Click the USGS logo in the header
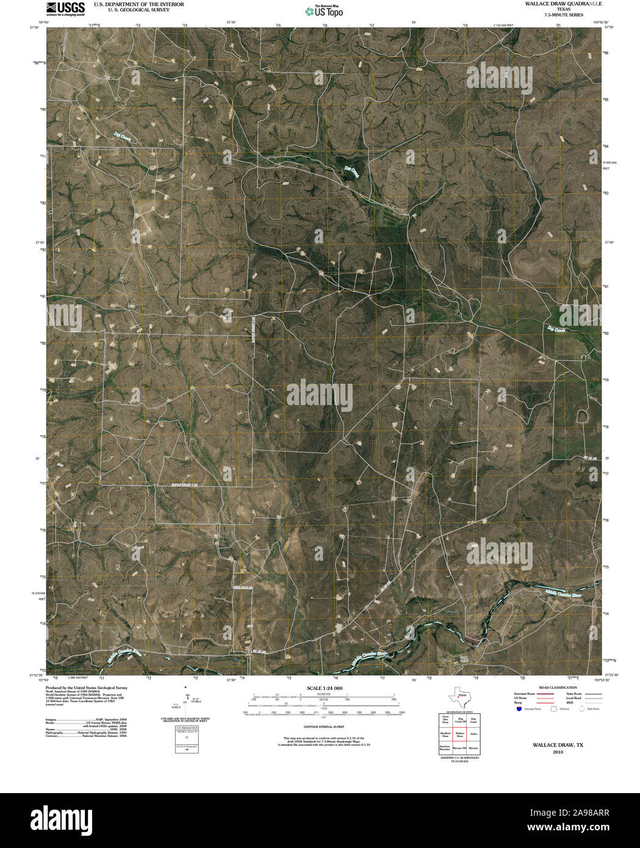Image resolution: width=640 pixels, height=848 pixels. tap(65, 8)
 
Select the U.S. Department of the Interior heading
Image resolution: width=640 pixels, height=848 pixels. tap(138, 4)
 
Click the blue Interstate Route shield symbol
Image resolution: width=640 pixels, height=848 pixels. tap(518, 709)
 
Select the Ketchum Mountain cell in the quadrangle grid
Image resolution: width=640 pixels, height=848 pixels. tap(445, 747)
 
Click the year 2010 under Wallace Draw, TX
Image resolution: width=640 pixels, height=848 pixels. tap(558, 752)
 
